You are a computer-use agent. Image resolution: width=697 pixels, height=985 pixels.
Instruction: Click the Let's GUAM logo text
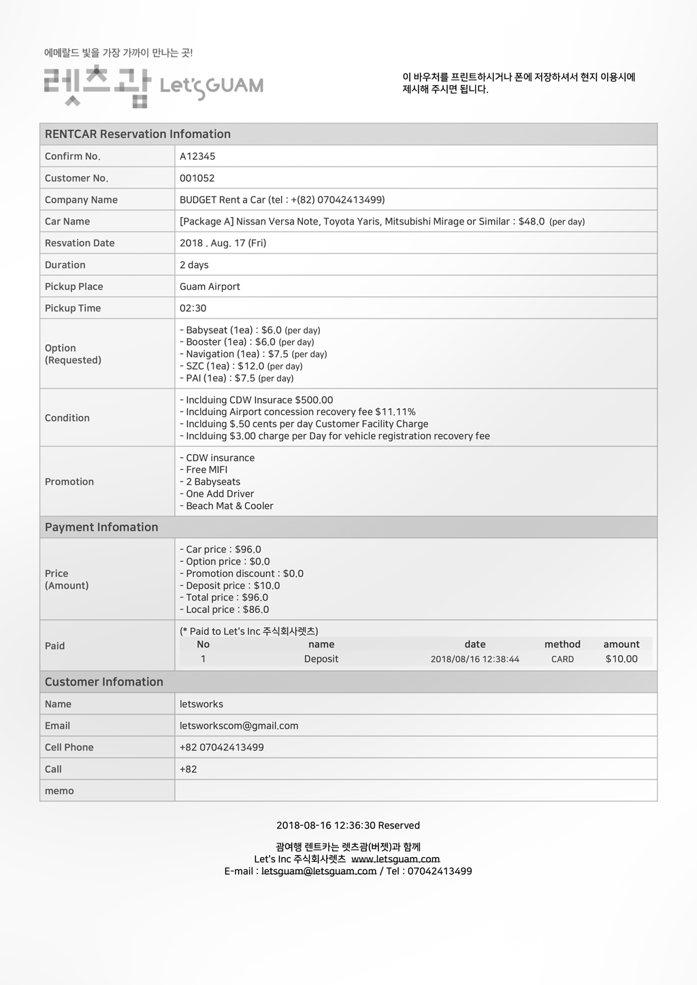pos(211,86)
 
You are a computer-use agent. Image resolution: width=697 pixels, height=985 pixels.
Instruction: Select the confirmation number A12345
pos(197,156)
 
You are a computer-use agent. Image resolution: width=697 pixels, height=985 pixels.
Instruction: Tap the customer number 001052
pos(197,178)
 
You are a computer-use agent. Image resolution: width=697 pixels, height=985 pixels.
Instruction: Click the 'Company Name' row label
pos(81,200)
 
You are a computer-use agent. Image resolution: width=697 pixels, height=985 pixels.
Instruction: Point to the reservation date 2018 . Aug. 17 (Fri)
pos(223,243)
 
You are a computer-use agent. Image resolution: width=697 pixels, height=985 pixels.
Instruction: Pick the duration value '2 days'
pos(194,265)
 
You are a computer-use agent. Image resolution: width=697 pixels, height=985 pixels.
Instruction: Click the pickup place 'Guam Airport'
pos(210,286)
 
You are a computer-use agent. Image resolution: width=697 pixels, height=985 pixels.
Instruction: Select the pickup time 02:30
pos(193,308)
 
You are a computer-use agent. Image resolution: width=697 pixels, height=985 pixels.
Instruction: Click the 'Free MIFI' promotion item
pos(206,470)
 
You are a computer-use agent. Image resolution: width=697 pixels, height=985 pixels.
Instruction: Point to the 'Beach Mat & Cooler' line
pos(229,506)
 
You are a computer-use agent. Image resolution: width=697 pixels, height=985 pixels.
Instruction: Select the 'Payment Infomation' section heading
pos(101,527)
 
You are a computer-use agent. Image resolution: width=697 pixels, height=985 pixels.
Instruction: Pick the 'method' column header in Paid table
pos(562,644)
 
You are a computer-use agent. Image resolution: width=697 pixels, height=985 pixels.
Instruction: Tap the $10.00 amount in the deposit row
pos(621,659)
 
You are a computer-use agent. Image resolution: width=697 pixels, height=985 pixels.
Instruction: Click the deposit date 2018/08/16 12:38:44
pos(474,659)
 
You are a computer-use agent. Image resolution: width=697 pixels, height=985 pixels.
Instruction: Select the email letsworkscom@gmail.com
pos(239,726)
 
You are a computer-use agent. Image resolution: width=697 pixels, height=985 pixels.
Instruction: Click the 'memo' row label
pos(59,791)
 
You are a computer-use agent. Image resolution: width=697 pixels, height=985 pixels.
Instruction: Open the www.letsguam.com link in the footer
pos(395,859)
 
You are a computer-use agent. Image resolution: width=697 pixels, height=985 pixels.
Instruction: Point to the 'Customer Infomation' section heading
pos(104,682)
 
